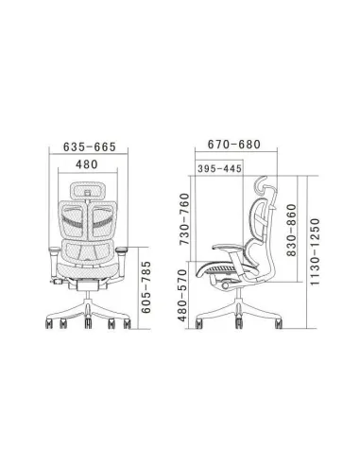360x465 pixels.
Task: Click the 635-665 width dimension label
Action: pyautogui.click(x=88, y=146)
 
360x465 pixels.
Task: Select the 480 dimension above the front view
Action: pyautogui.click(x=88, y=164)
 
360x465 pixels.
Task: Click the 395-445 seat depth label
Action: pyautogui.click(x=219, y=168)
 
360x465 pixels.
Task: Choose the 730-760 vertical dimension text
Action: pyautogui.click(x=184, y=222)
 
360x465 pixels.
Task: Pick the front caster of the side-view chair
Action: pyautogui.click(x=201, y=323)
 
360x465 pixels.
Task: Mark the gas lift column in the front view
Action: pyautogui.click(x=88, y=294)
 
